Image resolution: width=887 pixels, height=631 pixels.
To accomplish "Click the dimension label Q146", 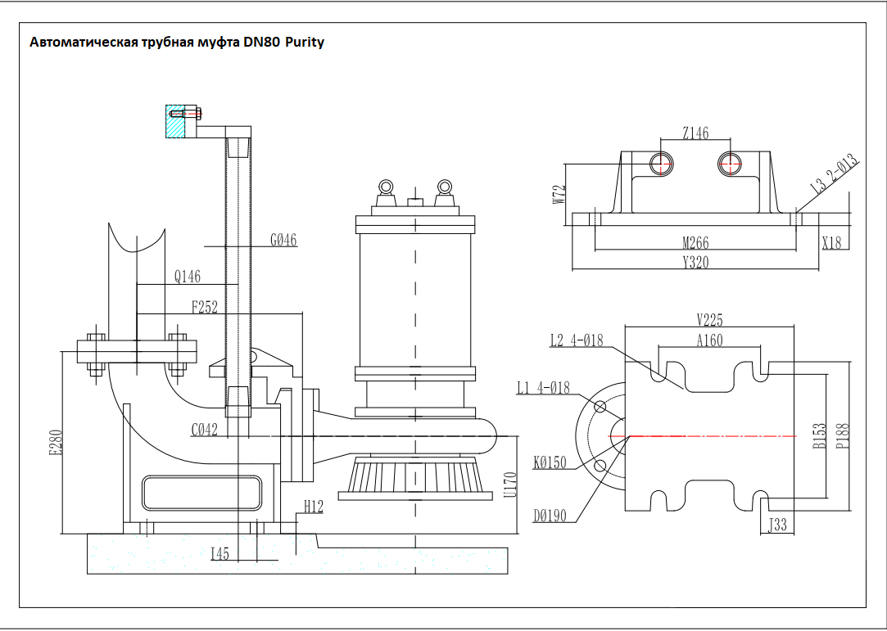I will click(x=188, y=277).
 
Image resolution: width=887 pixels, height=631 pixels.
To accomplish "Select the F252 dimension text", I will click(x=205, y=308).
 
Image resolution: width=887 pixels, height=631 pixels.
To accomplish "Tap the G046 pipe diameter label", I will click(x=283, y=240).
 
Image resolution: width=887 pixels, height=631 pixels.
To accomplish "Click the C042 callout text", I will click(x=205, y=430).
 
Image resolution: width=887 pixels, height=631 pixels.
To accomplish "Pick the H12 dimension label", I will click(x=313, y=507).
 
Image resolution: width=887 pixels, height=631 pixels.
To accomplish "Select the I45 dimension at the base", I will click(x=219, y=554).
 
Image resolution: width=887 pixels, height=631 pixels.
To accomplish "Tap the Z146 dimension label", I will click(x=695, y=133).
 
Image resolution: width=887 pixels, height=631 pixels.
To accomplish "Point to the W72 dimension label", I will click(x=560, y=194).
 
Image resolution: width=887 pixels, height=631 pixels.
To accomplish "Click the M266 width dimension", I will click(x=695, y=243).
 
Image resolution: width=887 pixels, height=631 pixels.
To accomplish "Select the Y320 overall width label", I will click(x=695, y=263).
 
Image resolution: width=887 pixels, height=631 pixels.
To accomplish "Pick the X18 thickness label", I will click(x=830, y=242).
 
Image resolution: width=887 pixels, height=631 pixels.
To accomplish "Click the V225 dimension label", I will click(x=709, y=320).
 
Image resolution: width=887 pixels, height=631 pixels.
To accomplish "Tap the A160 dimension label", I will click(x=709, y=340).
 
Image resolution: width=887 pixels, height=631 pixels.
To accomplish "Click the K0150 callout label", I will click(x=550, y=463).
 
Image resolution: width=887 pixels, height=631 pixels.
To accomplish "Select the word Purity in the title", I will click(x=304, y=42).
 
